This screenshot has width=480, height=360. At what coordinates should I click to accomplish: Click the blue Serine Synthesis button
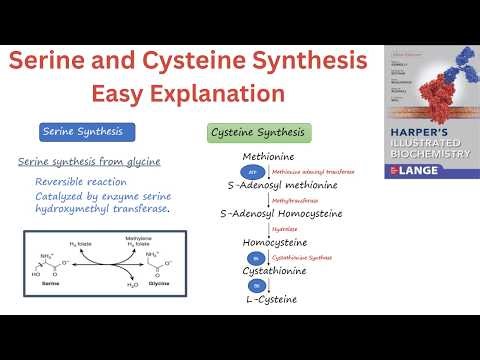pos(87,132)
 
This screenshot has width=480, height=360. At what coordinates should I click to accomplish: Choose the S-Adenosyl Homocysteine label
pos(281,213)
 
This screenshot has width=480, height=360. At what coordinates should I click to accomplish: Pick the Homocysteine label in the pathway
pos(275,242)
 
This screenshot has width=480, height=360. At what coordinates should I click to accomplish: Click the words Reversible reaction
pos(80,182)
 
